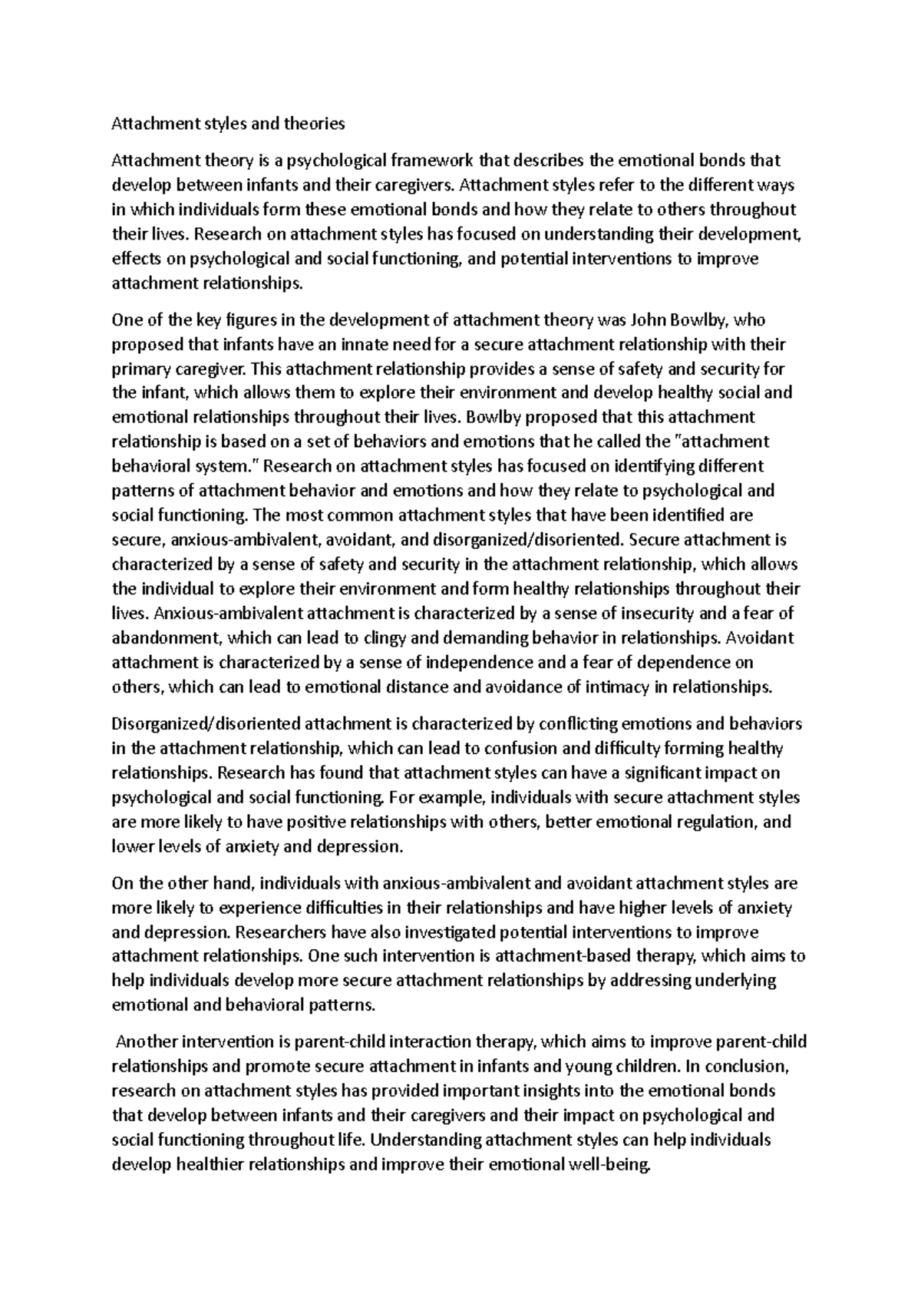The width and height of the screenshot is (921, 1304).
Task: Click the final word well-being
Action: pos(609,1165)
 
